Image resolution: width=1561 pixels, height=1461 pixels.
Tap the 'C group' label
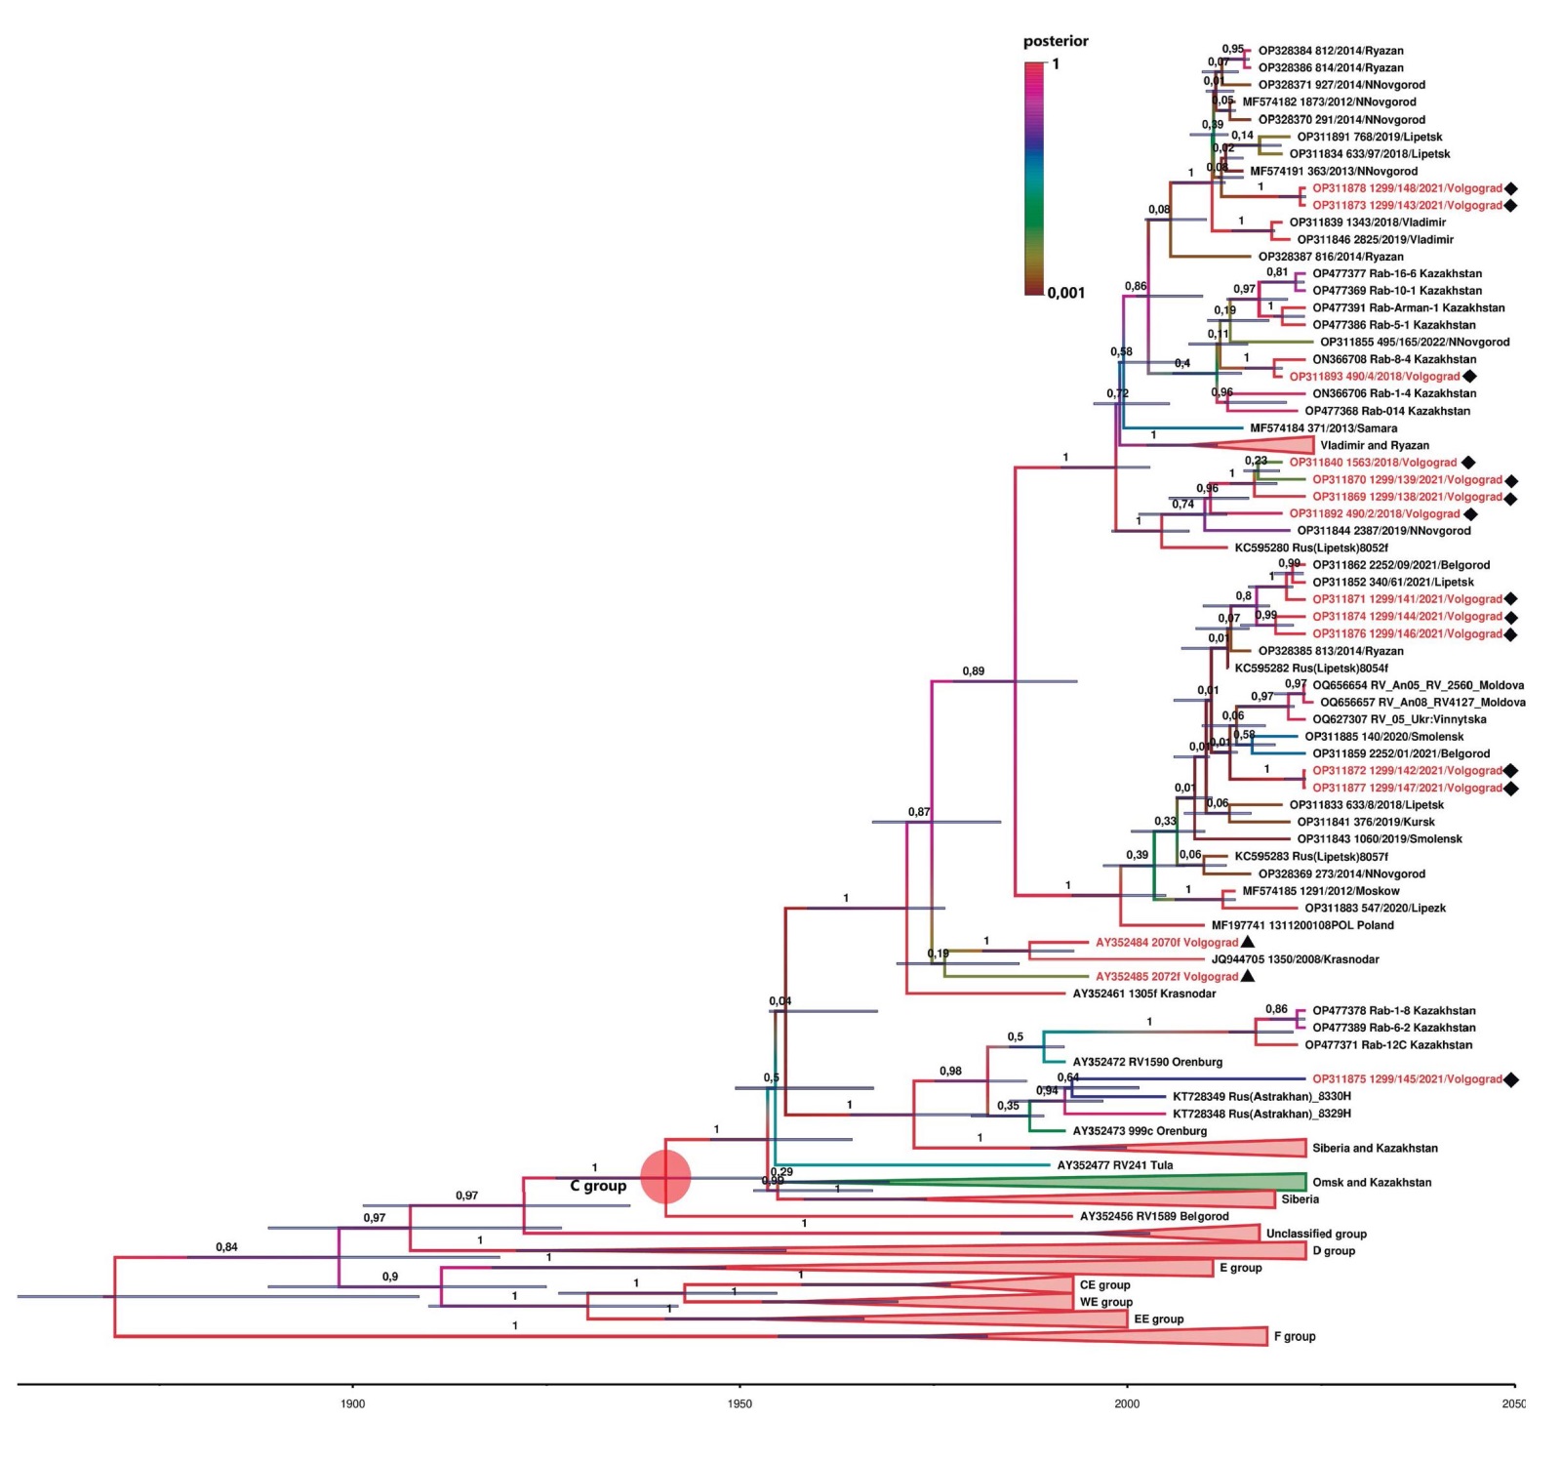[x=598, y=1186]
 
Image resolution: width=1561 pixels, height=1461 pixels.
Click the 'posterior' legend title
[x=1056, y=41]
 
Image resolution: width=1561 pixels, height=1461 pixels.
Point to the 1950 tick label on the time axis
[x=740, y=1403]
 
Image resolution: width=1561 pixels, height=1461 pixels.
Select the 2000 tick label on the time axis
[x=1127, y=1403]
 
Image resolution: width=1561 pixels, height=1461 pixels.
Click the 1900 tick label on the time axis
[x=352, y=1403]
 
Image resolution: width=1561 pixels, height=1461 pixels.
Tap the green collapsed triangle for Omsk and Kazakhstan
[x=1171, y=1182]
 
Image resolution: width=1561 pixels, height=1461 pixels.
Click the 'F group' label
[x=1295, y=1336]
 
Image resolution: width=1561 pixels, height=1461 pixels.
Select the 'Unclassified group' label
[x=1316, y=1234]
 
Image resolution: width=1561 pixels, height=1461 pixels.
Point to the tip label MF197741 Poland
[x=1302, y=925]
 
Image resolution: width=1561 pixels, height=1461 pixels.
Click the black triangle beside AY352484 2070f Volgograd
[x=1248, y=942]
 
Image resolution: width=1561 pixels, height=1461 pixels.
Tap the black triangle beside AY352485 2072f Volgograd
[x=1248, y=976]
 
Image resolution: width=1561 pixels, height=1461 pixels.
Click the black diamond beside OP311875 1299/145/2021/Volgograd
[x=1511, y=1079]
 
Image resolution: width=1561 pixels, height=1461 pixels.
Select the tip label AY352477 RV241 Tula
[x=1115, y=1165]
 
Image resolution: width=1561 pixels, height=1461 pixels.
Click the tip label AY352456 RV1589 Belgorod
[x=1154, y=1216]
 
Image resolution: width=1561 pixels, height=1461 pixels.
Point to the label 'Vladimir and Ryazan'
[x=1375, y=445]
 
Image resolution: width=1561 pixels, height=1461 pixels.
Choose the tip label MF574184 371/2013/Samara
[x=1323, y=427]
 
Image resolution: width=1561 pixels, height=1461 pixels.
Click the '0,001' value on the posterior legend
[x=1066, y=293]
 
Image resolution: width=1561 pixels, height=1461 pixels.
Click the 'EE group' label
[x=1159, y=1319]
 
